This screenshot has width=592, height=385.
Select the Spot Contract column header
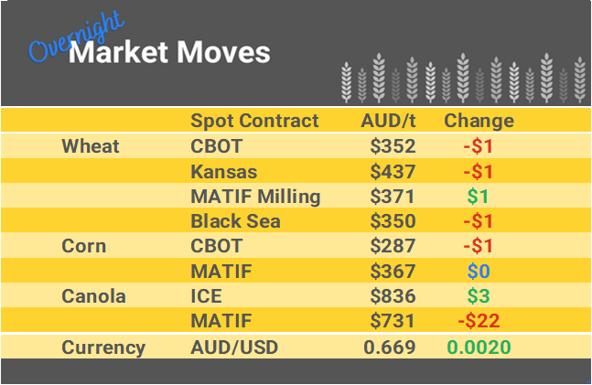(254, 121)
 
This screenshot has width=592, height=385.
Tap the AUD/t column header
(390, 121)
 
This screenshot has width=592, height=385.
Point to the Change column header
(479, 121)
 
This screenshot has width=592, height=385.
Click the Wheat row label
(91, 146)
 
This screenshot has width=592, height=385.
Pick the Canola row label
(92, 296)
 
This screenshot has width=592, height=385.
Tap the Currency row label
(103, 348)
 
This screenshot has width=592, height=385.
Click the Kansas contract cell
(223, 171)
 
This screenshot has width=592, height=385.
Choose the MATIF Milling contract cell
(255, 197)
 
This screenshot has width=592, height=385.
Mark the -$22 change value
(479, 321)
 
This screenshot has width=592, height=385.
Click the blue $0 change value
(479, 272)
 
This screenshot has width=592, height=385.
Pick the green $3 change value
(479, 296)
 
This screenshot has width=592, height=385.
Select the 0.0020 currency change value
(479, 348)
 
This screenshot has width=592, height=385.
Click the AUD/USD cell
(232, 348)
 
